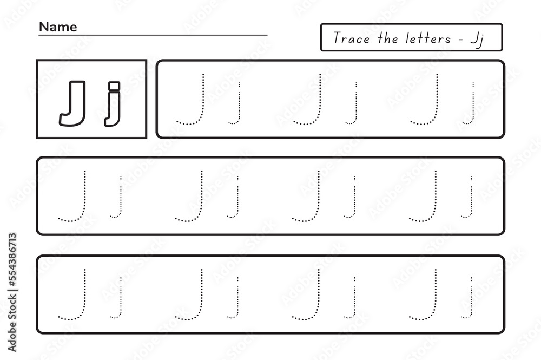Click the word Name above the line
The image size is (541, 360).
57,27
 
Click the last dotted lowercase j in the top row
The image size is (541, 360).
472,106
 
